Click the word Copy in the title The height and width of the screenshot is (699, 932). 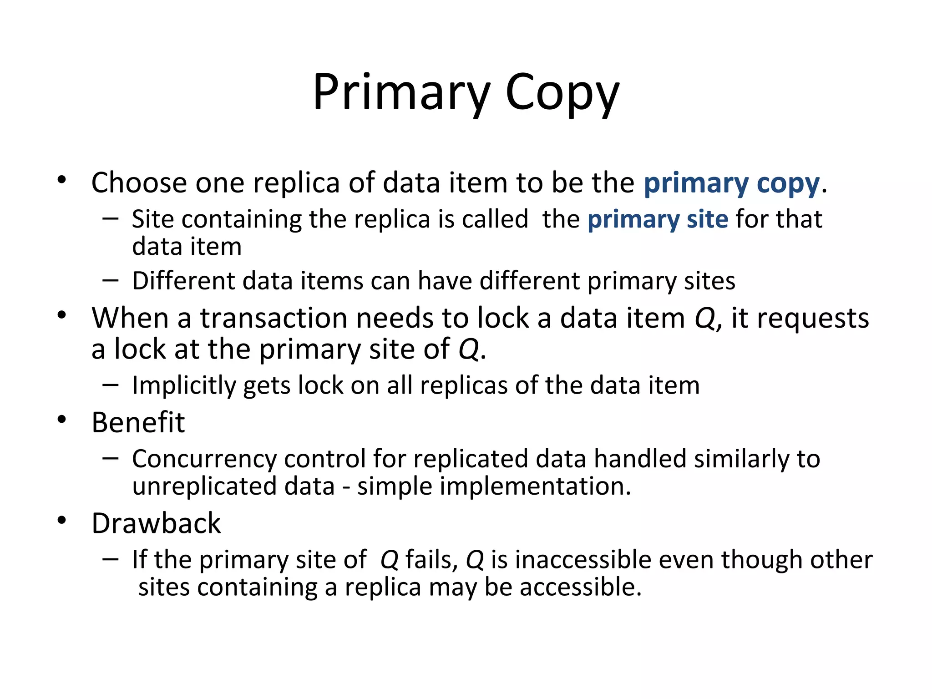pos(562,93)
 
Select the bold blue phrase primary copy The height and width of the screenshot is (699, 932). pos(731,183)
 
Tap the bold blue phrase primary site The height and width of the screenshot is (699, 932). pos(658,220)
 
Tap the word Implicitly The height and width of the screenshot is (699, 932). pos(184,386)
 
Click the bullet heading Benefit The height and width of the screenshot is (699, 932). pos(138,422)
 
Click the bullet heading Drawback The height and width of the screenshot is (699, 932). pos(156,523)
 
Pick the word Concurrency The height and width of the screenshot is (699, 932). pos(204,459)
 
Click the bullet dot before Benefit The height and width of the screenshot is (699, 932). pos(62,420)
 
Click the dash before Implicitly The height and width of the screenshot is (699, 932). pos(110,385)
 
